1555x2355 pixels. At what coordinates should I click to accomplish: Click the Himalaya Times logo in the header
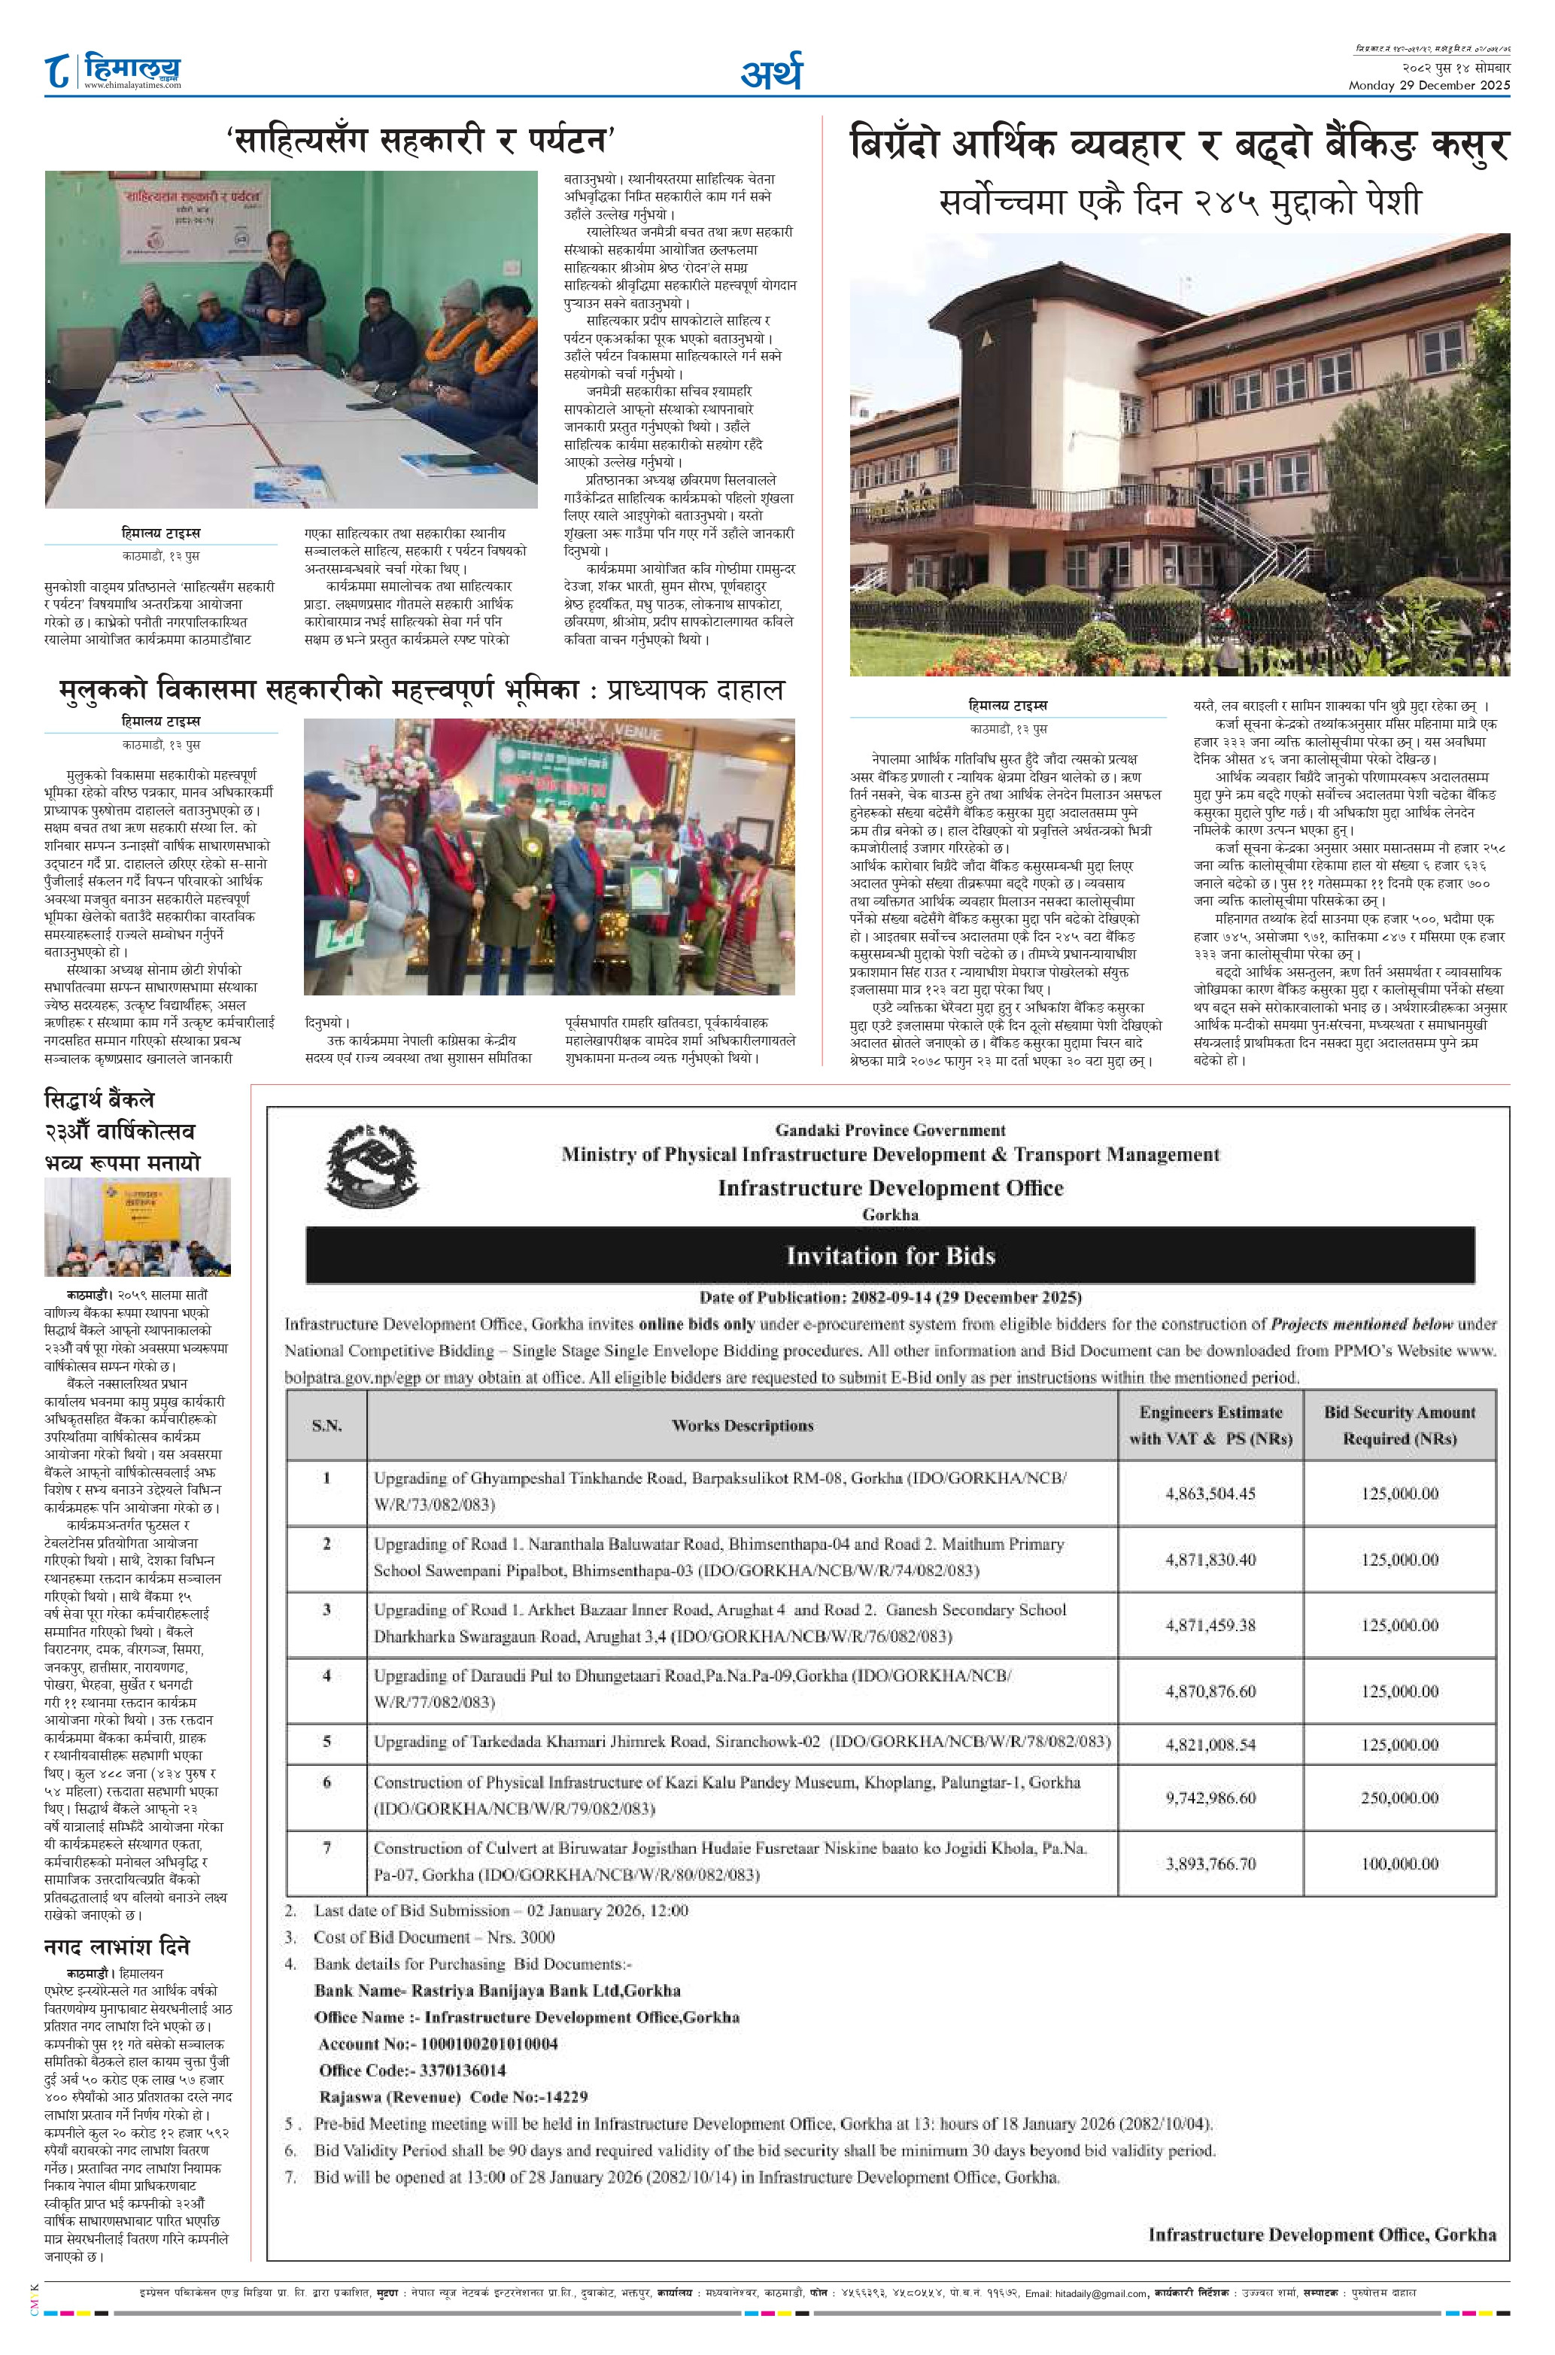(114, 71)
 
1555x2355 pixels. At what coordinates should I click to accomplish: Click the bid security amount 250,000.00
(1399, 1797)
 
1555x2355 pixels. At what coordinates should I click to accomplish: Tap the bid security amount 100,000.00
(1399, 1863)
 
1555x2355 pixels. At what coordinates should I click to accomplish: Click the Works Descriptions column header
(742, 1425)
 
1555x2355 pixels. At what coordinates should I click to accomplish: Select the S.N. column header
(326, 1425)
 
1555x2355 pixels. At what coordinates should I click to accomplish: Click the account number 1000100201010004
(489, 2044)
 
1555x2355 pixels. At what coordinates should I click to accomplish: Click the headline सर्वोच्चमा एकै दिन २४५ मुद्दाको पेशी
(1179, 202)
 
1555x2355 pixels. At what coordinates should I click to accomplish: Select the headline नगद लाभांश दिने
(117, 1946)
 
